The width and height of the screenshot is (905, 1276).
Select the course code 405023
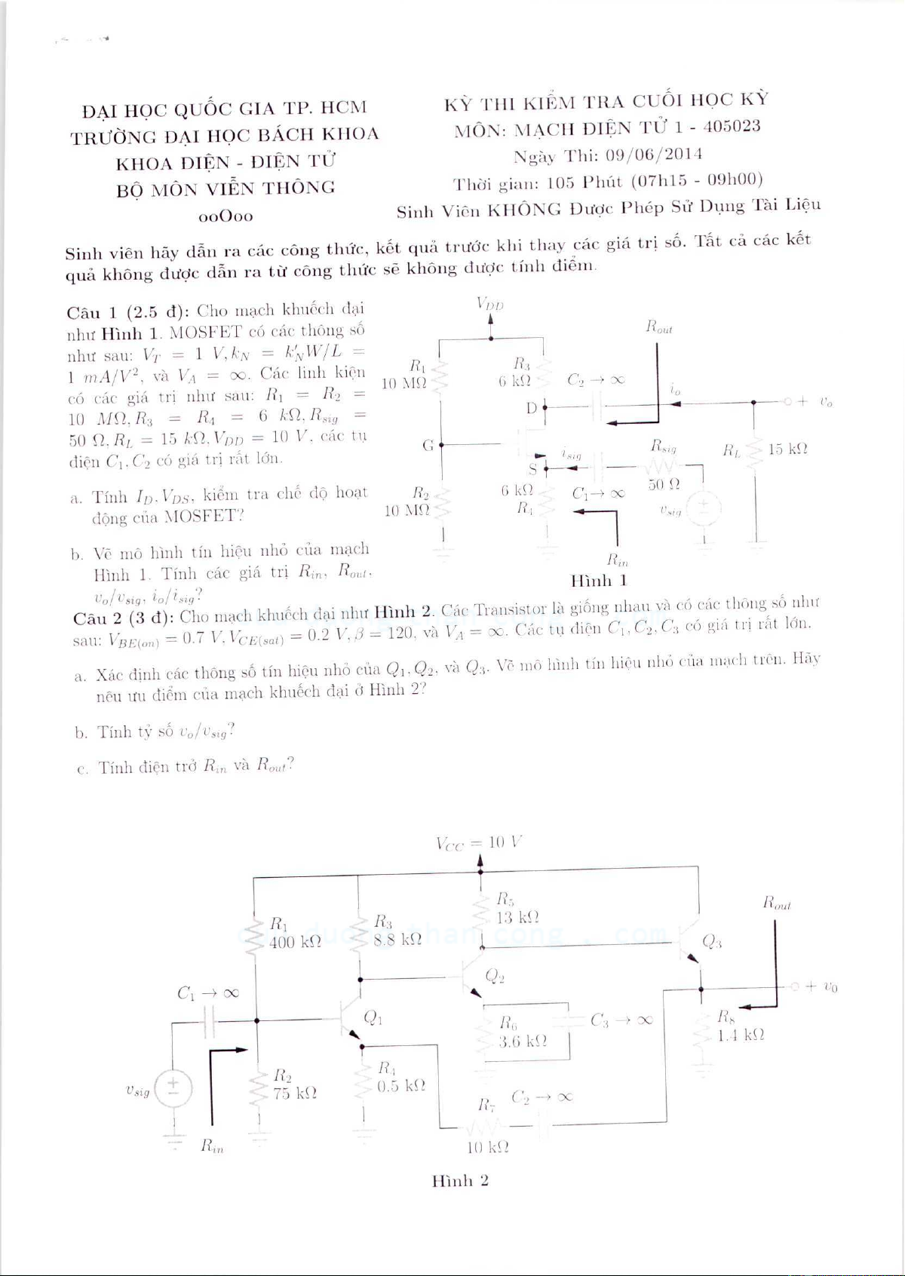pos(732,126)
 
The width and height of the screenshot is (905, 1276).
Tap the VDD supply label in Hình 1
pos(490,304)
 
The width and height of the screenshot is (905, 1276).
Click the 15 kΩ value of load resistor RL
pos(788,449)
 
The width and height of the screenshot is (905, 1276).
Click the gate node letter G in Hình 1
pos(428,445)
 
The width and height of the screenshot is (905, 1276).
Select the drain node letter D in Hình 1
pos(532,408)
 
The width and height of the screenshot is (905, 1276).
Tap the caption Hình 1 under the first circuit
pos(599,581)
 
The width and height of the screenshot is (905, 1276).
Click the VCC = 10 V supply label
pos(480,842)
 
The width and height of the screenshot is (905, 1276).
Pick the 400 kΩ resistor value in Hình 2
pos(296,942)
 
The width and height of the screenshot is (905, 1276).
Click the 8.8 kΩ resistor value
pos(397,940)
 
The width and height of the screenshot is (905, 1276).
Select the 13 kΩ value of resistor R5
pos(517,918)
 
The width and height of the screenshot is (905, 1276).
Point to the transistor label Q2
pos(495,977)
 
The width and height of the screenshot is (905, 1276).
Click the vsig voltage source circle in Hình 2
pos(173,1088)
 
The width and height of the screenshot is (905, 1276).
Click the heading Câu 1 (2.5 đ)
pos(128,312)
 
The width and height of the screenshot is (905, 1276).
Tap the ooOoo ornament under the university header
pos(225,216)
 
